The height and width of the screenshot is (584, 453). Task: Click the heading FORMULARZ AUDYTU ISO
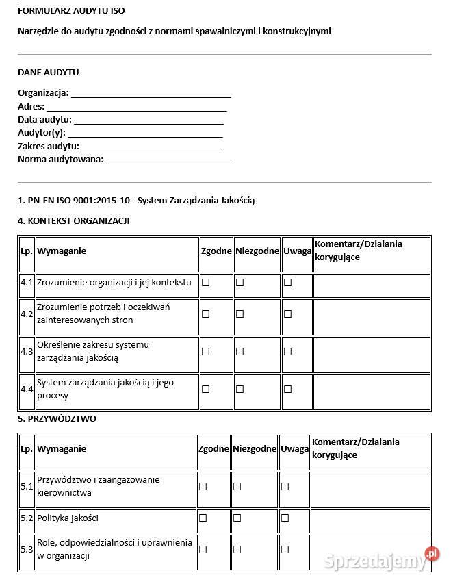click(x=71, y=11)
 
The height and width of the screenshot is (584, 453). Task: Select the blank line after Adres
click(x=136, y=107)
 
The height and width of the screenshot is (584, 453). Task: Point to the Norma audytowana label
click(x=60, y=160)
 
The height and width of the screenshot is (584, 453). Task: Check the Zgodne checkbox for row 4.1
click(x=205, y=282)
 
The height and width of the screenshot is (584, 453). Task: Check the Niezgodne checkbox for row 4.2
click(x=240, y=314)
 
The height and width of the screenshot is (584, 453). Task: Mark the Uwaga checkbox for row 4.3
click(x=287, y=351)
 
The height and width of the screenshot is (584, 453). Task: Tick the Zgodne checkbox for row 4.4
click(x=205, y=389)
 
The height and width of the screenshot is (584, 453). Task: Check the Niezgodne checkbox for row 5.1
click(x=237, y=486)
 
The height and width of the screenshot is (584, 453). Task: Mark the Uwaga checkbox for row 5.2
click(x=285, y=518)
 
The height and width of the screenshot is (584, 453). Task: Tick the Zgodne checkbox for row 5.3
click(x=203, y=549)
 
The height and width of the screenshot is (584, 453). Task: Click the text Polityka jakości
click(x=68, y=518)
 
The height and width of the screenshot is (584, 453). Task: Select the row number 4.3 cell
click(x=27, y=351)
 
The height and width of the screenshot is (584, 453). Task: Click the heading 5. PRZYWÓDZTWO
click(x=57, y=418)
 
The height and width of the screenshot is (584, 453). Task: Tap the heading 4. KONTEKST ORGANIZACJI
click(x=73, y=220)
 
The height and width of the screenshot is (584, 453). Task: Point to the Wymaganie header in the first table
click(x=62, y=251)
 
